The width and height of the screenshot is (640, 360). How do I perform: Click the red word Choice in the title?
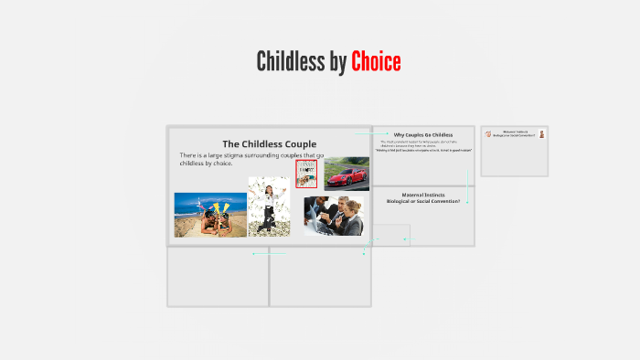[x=376, y=62]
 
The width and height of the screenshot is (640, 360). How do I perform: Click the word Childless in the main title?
[x=290, y=62]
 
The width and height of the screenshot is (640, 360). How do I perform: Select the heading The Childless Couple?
[x=270, y=143]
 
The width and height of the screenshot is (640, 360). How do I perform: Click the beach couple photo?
[x=209, y=215]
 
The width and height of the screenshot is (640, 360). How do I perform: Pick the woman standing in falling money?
[x=268, y=206]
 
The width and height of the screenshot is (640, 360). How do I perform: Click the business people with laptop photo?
[x=333, y=216]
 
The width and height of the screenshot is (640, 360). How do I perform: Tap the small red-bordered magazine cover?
[x=306, y=173]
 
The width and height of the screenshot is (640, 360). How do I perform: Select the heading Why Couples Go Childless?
[x=423, y=134]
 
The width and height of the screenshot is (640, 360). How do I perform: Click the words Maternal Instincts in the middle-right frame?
[x=423, y=195]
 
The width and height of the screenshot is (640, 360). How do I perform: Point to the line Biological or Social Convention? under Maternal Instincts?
[x=423, y=200]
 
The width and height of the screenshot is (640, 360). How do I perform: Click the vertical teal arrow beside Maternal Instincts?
[x=467, y=186]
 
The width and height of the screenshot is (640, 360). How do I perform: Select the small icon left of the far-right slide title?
[x=488, y=134]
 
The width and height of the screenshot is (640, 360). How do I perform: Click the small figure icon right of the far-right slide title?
[x=541, y=134]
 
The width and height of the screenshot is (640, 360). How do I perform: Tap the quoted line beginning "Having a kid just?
[x=423, y=150]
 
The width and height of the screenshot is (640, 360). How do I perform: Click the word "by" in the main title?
[x=338, y=62]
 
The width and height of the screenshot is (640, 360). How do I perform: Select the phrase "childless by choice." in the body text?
[x=207, y=164]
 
